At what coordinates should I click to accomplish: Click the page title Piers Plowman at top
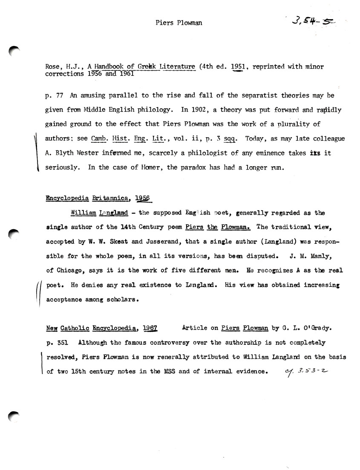click(179, 23)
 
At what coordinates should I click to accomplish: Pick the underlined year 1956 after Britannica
click(144, 198)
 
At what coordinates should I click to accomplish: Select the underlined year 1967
click(150, 328)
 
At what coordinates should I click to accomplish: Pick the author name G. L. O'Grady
click(303, 328)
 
